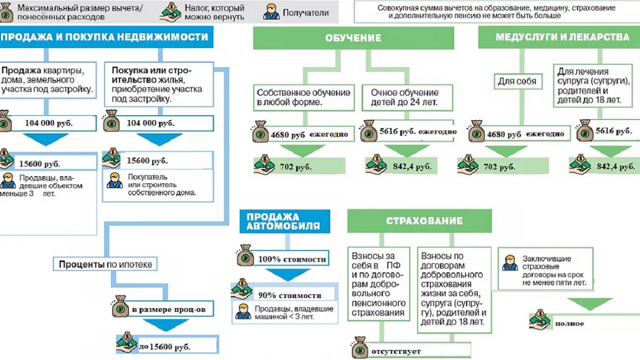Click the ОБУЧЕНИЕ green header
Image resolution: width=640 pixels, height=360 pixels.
[x=353, y=38]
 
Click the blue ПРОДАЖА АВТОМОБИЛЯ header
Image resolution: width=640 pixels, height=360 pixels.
[x=284, y=221]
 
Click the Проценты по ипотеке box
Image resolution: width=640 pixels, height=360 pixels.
[x=106, y=264]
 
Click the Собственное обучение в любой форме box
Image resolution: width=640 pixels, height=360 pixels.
[x=303, y=97]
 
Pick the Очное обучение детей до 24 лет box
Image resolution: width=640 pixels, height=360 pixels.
[x=404, y=97]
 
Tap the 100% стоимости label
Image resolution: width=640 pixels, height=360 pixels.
[x=292, y=259]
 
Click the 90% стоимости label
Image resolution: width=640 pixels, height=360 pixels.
[x=290, y=295]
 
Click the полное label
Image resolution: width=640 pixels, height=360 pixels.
[x=569, y=323]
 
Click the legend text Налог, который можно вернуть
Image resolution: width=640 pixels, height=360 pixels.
[x=214, y=12]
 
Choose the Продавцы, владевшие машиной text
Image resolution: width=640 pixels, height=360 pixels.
[x=293, y=313]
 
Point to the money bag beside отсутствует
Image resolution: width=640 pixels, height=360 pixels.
[x=359, y=348]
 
